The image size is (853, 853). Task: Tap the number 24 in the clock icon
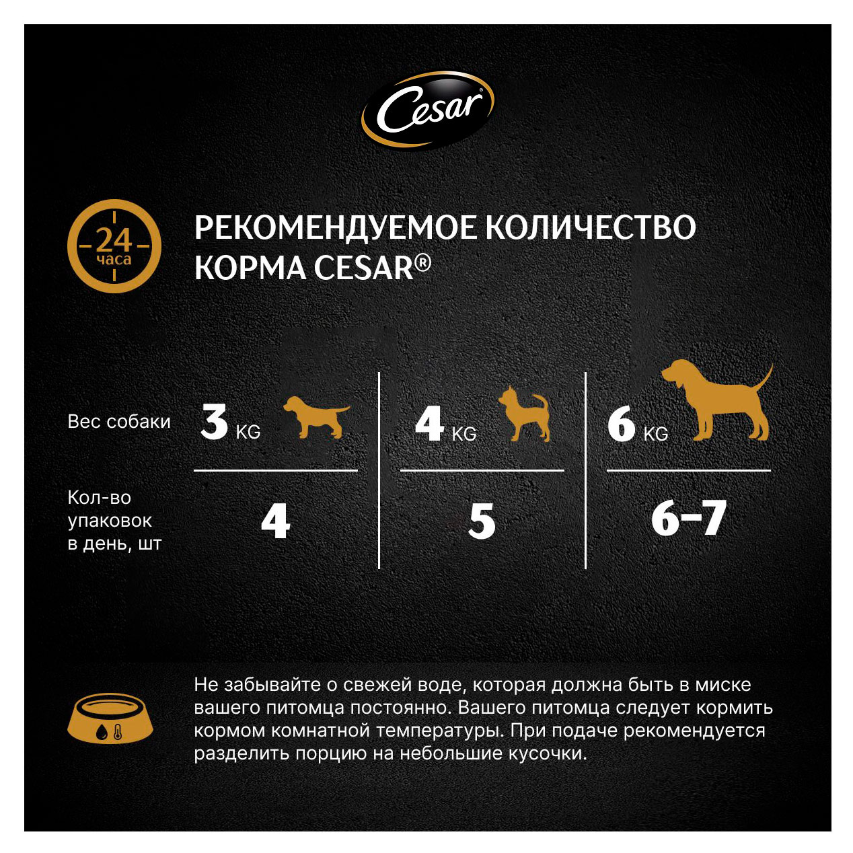click(x=114, y=239)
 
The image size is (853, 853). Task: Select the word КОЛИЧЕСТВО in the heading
click(x=590, y=228)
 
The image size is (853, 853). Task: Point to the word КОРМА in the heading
click(x=250, y=268)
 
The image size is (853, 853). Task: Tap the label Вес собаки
click(x=119, y=422)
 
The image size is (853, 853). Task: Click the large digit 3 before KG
click(x=215, y=422)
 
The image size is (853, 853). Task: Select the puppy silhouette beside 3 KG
click(x=316, y=416)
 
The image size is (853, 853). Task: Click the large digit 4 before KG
click(x=429, y=423)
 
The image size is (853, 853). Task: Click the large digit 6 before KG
click(x=621, y=424)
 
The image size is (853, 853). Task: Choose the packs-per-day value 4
click(x=275, y=521)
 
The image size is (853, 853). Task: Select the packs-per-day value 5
click(x=482, y=521)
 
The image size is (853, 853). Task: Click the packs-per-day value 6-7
click(x=688, y=519)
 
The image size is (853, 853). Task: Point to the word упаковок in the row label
click(x=110, y=521)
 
